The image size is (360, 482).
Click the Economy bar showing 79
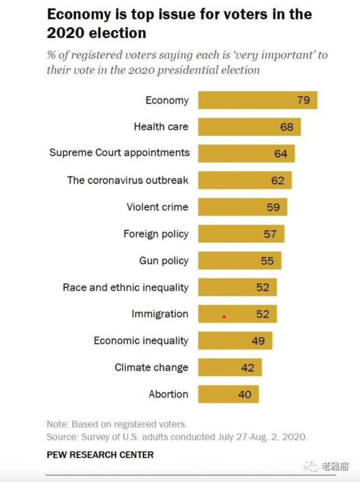(258, 100)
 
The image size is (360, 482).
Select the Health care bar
(249, 127)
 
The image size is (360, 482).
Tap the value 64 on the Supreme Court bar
(281, 154)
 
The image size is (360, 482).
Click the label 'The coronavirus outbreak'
(128, 181)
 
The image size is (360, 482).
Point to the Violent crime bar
(242, 207)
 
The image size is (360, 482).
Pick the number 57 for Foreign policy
(270, 234)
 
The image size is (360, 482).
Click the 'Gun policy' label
(164, 261)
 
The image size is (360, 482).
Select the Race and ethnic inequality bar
(237, 287)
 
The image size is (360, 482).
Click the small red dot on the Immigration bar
(224, 317)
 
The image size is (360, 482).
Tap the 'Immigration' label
(160, 314)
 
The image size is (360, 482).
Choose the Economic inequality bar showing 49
(235, 341)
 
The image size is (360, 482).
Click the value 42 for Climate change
(247, 368)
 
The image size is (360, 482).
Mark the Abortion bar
(228, 394)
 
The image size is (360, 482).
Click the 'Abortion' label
(168, 394)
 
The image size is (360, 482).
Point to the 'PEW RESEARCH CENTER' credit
(100, 454)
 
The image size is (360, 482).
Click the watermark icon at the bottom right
(310, 466)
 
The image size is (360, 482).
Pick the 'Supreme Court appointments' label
(119, 153)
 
